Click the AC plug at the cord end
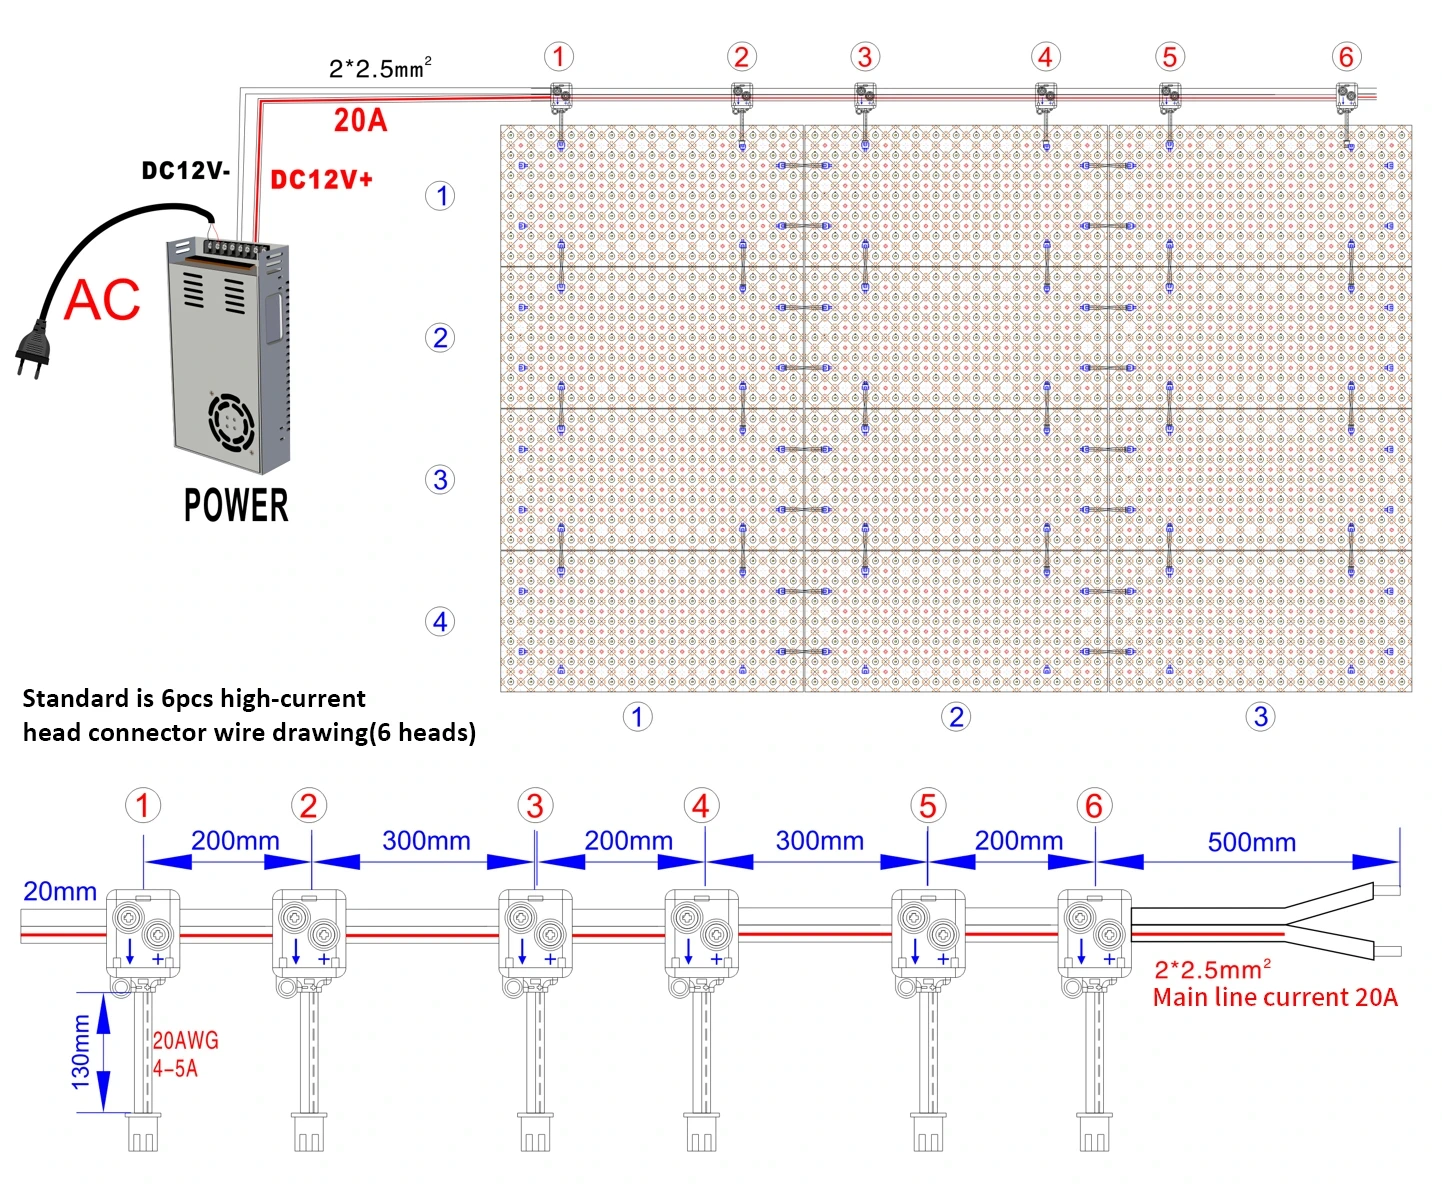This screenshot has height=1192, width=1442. pyautogui.click(x=32, y=351)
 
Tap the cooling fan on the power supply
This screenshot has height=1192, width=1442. pyautogui.click(x=231, y=423)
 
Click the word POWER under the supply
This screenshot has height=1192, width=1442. pyautogui.click(x=235, y=506)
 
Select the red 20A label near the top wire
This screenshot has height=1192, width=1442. pyautogui.click(x=360, y=120)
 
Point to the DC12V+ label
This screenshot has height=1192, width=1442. pyautogui.click(x=321, y=180)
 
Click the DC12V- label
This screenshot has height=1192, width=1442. pyautogui.click(x=186, y=170)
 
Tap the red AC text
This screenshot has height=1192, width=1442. pyautogui.click(x=102, y=300)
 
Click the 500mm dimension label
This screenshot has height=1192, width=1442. pyautogui.click(x=1251, y=843)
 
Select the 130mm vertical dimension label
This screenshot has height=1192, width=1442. pyautogui.click(x=81, y=1052)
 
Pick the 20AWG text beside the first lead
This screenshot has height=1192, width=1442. pyautogui.click(x=185, y=1040)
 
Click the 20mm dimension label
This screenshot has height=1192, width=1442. pyautogui.click(x=60, y=891)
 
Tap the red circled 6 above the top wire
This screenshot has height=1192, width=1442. pyautogui.click(x=1346, y=57)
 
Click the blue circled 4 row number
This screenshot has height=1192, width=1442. pyautogui.click(x=440, y=622)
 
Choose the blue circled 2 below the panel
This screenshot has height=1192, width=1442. pyautogui.click(x=956, y=717)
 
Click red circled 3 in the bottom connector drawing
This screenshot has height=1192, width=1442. pyautogui.click(x=535, y=806)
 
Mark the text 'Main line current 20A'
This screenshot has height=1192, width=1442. pyautogui.click(x=1275, y=997)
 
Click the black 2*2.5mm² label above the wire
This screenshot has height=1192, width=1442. pyautogui.click(x=380, y=68)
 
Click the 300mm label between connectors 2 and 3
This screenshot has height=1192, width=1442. pyautogui.click(x=426, y=840)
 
